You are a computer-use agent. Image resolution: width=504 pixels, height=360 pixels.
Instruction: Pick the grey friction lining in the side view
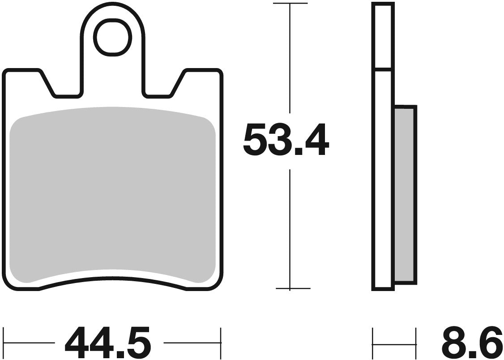tap(405, 195)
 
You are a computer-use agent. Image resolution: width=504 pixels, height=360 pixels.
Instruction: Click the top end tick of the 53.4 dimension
tap(290, 4)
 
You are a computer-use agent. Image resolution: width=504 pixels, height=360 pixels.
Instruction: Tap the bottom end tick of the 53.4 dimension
tap(290, 289)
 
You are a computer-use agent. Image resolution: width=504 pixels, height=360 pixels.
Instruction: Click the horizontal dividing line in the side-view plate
tap(383, 70)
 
